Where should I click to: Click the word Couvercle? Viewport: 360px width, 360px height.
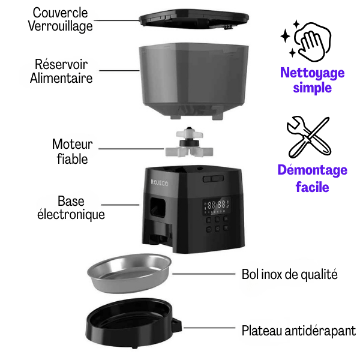60,13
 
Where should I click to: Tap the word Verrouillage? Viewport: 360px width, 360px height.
61,26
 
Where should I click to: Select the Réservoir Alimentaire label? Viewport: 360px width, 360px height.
61,71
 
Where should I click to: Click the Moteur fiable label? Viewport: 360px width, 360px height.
73,151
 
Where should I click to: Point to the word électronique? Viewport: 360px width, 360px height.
71,215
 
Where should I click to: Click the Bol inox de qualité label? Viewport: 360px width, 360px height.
290,275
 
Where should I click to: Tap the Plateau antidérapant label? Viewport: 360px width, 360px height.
299,331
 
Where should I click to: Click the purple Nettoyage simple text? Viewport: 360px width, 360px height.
312,80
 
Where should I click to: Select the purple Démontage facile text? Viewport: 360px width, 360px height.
312,178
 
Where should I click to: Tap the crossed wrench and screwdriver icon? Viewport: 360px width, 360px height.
309,137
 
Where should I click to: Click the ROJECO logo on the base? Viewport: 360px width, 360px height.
160,183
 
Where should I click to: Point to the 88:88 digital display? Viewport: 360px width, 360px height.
217,205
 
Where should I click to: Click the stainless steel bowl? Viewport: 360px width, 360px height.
129,273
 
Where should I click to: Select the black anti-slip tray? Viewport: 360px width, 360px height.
134,323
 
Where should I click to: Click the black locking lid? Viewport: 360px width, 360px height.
194,19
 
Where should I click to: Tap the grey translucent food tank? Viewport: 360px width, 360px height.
194,80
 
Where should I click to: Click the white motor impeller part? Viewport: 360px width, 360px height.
189,143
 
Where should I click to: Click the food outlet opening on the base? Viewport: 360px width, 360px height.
158,208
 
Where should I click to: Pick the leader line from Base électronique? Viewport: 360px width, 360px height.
120,205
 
